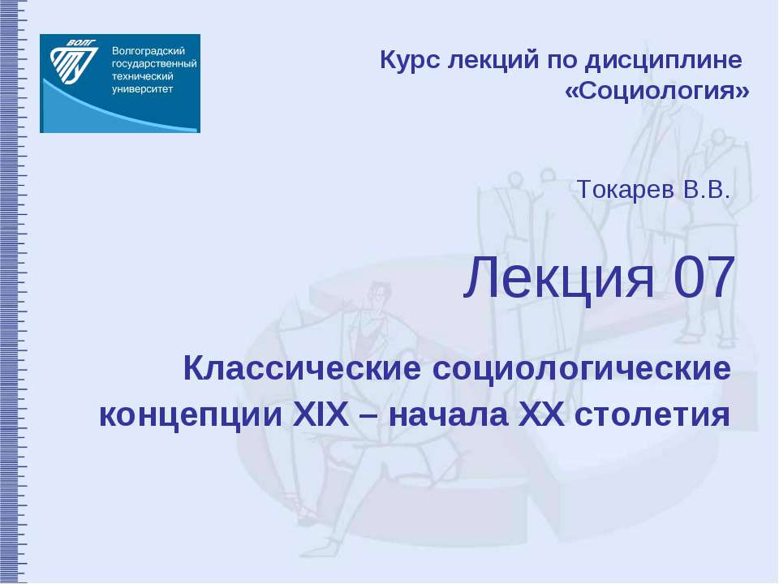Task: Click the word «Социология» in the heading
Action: pyautogui.click(x=656, y=91)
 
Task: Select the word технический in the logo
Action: pyautogui.click(x=144, y=76)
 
